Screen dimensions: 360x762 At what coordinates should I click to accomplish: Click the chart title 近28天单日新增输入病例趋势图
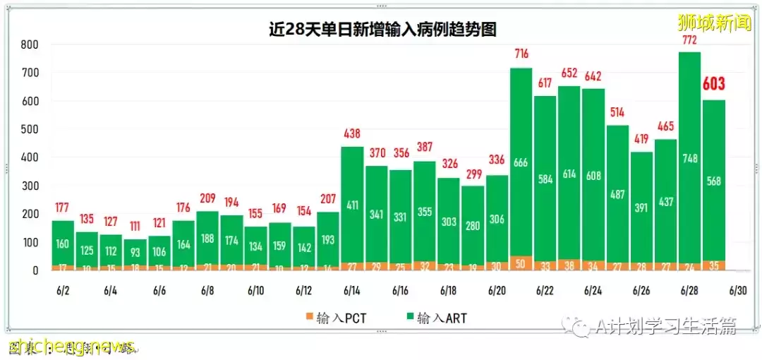[x=382, y=29]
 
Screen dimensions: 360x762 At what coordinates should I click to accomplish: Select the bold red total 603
[x=713, y=84]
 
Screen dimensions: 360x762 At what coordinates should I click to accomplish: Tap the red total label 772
[x=689, y=40]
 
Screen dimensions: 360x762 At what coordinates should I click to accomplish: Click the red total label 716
[x=521, y=54]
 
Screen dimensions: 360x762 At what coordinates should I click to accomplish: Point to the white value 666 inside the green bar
[x=521, y=162]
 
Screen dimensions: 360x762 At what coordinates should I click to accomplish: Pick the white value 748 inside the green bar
[x=689, y=158]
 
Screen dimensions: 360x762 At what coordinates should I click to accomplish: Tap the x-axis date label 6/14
[x=352, y=291]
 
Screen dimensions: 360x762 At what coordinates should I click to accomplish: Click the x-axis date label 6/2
[x=63, y=291]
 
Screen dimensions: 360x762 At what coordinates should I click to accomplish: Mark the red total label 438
[x=352, y=133]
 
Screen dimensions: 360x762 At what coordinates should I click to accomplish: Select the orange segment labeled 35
[x=713, y=266]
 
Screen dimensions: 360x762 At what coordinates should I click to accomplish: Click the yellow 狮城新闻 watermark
[x=714, y=23]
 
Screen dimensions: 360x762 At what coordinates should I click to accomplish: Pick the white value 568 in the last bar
[x=713, y=181]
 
